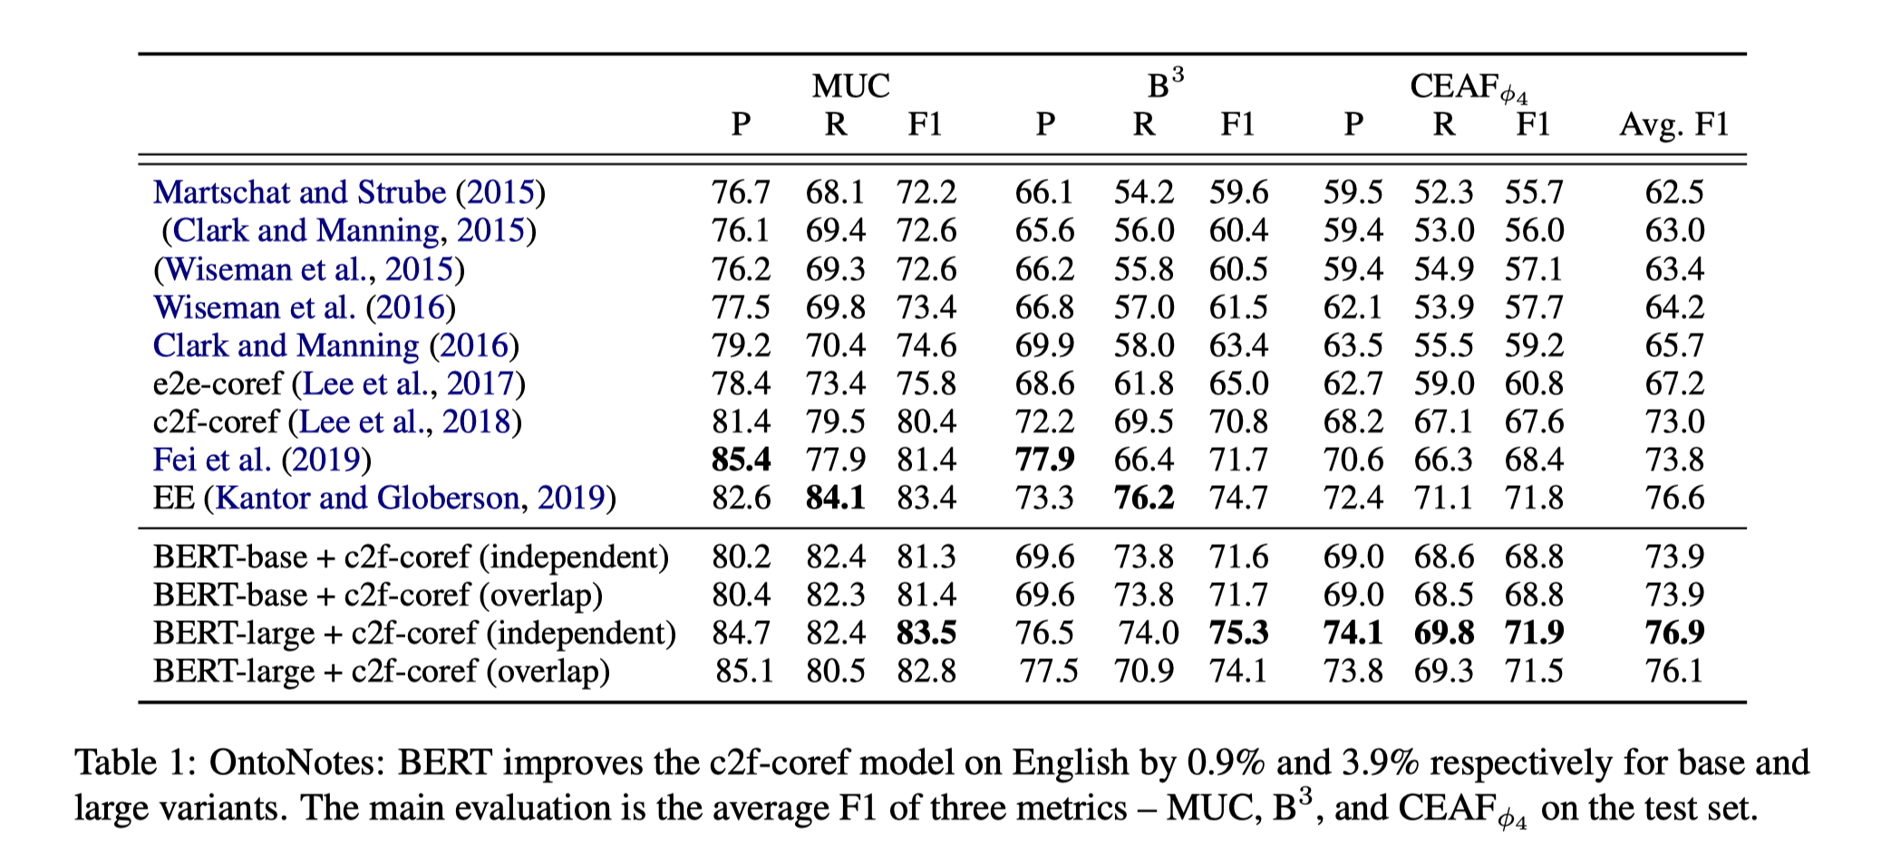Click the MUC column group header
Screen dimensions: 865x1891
[850, 86]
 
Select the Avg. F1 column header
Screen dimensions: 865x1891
[1673, 124]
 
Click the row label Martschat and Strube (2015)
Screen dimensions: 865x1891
[349, 192]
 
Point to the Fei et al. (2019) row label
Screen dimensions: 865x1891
[262, 460]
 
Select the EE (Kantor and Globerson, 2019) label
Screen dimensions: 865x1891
[384, 498]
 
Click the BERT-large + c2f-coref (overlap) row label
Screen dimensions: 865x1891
[382, 671]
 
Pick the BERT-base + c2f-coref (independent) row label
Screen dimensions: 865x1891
[411, 557]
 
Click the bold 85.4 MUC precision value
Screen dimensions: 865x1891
[741, 460]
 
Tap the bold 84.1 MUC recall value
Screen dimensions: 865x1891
[835, 498]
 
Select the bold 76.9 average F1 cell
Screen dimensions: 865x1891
[1674, 633]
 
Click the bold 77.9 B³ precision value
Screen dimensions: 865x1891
[1044, 460]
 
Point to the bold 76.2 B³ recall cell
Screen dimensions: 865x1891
[1143, 498]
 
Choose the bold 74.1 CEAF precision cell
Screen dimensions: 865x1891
[1353, 633]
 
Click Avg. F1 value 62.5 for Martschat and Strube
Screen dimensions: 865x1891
[1674, 192]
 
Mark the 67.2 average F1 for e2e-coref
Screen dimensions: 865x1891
[1674, 384]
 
